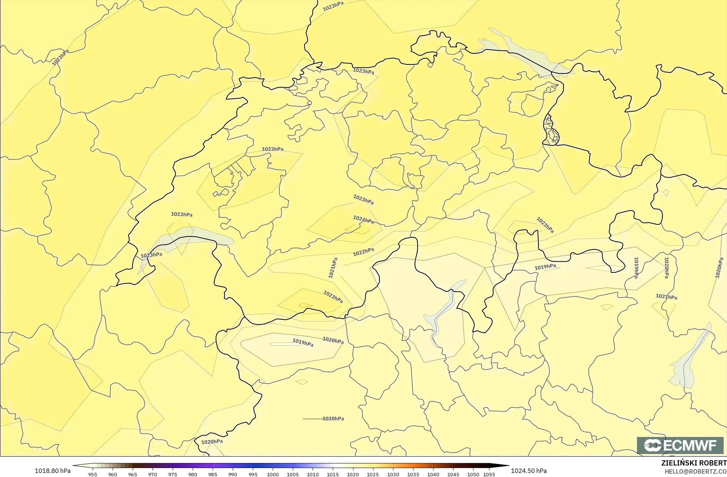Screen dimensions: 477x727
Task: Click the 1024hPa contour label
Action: pyautogui.click(x=363, y=220)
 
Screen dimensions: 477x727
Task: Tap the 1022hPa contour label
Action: pyautogui.click(x=363, y=252)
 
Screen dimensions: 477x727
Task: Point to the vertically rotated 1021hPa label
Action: pyautogui.click(x=333, y=268)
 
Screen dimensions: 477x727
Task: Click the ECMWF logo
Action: pyautogui.click(x=680, y=445)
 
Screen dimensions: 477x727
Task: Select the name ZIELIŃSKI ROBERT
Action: pyautogui.click(x=694, y=463)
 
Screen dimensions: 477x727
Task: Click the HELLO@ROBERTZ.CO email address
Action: pyautogui.click(x=695, y=471)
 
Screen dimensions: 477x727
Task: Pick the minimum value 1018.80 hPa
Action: pyautogui.click(x=52, y=471)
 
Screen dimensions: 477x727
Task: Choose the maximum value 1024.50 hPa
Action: pyautogui.click(x=528, y=471)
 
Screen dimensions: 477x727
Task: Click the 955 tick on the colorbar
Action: pyautogui.click(x=93, y=474)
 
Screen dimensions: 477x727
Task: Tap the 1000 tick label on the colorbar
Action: pyautogui.click(x=273, y=474)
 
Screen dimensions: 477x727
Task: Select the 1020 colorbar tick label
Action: pyautogui.click(x=353, y=474)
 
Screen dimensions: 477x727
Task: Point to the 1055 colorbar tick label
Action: pyautogui.click(x=489, y=474)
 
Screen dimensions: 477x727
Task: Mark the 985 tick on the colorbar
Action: pyautogui.click(x=213, y=474)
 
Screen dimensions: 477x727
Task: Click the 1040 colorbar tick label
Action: pyautogui.click(x=433, y=474)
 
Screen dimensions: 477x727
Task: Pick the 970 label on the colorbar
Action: pyautogui.click(x=153, y=474)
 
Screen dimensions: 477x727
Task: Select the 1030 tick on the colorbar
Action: pyautogui.click(x=393, y=474)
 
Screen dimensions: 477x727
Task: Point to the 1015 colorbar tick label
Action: pyautogui.click(x=333, y=474)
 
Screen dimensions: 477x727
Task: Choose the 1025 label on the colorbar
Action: pyautogui.click(x=373, y=474)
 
